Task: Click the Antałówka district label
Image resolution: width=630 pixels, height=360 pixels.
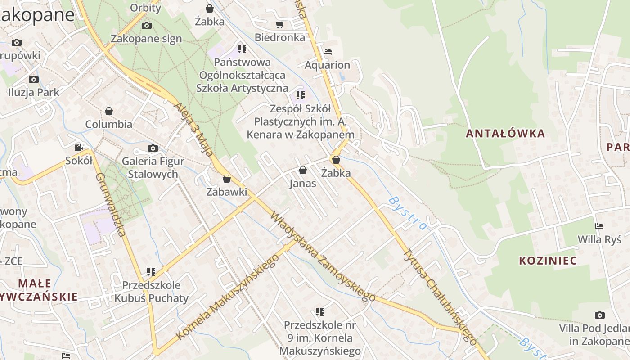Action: [505, 134]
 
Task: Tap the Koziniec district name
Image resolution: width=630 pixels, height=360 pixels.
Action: [548, 261]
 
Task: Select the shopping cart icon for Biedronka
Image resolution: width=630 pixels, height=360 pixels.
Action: [279, 24]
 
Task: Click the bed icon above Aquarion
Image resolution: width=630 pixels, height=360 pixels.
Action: [328, 52]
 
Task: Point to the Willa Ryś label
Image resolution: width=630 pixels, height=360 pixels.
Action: [599, 239]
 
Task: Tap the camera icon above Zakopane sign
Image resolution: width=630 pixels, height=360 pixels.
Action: [147, 26]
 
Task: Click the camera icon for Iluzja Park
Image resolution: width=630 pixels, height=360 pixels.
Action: [34, 80]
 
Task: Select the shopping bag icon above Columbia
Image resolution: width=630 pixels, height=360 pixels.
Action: [109, 111]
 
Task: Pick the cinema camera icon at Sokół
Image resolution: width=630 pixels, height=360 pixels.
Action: [79, 148]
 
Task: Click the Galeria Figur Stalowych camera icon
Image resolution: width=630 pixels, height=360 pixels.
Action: [153, 148]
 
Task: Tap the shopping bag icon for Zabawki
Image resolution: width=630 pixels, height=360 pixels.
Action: [227, 179]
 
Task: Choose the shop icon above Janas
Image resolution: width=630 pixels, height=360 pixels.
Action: [303, 171]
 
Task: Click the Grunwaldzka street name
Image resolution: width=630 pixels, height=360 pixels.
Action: [109, 205]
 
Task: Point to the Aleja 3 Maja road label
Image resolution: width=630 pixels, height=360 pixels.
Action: [193, 130]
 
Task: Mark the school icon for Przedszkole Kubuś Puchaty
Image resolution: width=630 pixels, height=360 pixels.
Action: [151, 272]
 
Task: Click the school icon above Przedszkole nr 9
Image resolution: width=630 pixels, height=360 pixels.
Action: [320, 311]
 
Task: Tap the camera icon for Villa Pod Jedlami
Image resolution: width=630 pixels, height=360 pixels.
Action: [599, 315]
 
